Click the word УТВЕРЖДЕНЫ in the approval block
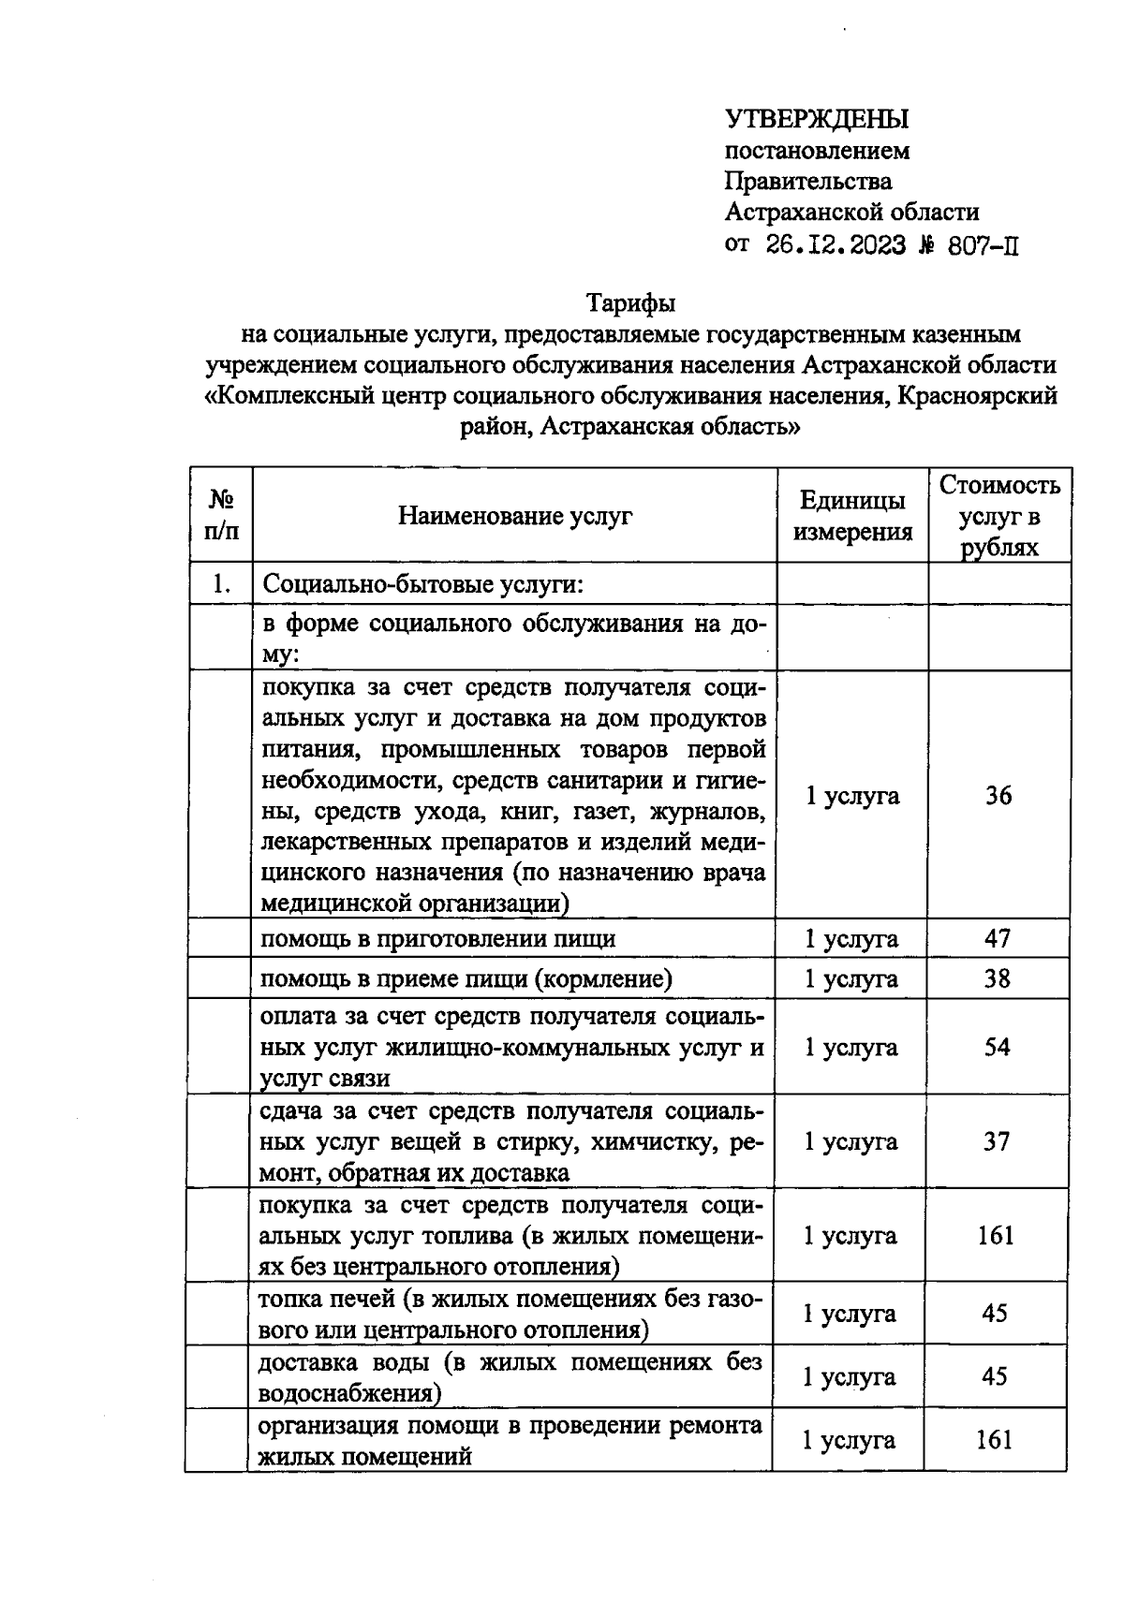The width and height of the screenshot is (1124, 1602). pyautogui.click(x=817, y=119)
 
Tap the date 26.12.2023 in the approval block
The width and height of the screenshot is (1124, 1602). pyautogui.click(x=836, y=245)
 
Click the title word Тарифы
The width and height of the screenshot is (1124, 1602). pyautogui.click(x=630, y=303)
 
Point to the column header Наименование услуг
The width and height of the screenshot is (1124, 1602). pyautogui.click(x=515, y=516)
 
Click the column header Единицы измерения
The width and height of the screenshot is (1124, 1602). pyautogui.click(x=852, y=516)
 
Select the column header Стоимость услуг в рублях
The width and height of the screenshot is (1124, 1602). pyautogui.click(x=999, y=516)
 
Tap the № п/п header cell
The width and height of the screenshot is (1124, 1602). pyautogui.click(x=221, y=516)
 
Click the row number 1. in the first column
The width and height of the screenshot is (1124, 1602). pyautogui.click(x=221, y=584)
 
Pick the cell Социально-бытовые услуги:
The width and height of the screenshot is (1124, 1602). pyautogui.click(x=423, y=584)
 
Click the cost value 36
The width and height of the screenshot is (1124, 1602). pyautogui.click(x=998, y=795)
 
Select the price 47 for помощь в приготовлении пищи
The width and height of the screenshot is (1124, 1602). pyautogui.click(x=997, y=938)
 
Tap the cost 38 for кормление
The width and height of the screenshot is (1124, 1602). pyautogui.click(x=997, y=978)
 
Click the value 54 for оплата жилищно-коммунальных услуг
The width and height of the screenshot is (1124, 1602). pyautogui.click(x=997, y=1047)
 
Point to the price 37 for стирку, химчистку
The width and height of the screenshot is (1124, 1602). pyautogui.click(x=997, y=1141)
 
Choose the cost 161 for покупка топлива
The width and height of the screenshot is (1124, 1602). pyautogui.click(x=996, y=1236)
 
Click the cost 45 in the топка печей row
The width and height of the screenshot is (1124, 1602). pyautogui.click(x=995, y=1314)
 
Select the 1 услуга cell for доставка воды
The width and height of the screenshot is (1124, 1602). pyautogui.click(x=849, y=1376)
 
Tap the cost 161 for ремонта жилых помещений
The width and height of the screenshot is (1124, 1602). pyautogui.click(x=995, y=1440)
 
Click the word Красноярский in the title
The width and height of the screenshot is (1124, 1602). pyautogui.click(x=977, y=395)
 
